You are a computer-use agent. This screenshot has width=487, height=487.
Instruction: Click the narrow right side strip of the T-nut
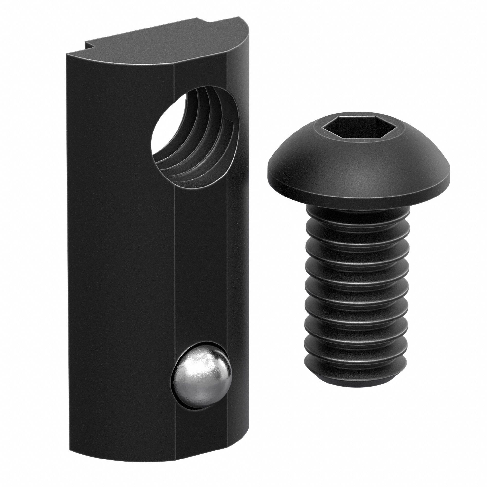click(237, 252)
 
